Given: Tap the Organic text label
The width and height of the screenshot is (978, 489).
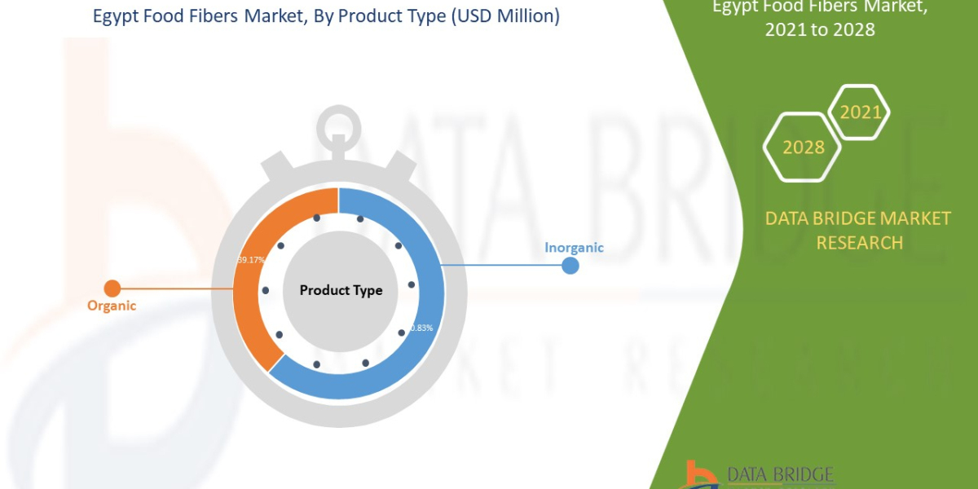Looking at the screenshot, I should (x=112, y=306).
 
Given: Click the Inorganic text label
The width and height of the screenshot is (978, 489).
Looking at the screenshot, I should (x=574, y=247).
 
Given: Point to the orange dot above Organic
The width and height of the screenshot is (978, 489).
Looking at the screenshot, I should (x=112, y=288).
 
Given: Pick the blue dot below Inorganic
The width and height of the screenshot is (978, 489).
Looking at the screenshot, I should (x=570, y=266).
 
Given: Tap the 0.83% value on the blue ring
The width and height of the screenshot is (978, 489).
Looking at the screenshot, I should (x=421, y=328).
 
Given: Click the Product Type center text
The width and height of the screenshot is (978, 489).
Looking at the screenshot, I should (x=341, y=290).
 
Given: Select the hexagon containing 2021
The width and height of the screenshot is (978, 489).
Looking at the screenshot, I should (x=860, y=112).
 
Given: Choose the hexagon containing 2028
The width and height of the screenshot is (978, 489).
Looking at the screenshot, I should (x=802, y=148).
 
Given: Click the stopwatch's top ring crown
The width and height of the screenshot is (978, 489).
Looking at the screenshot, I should (x=338, y=126).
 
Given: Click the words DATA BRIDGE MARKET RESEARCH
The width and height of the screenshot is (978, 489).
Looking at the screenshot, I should (x=858, y=230).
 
